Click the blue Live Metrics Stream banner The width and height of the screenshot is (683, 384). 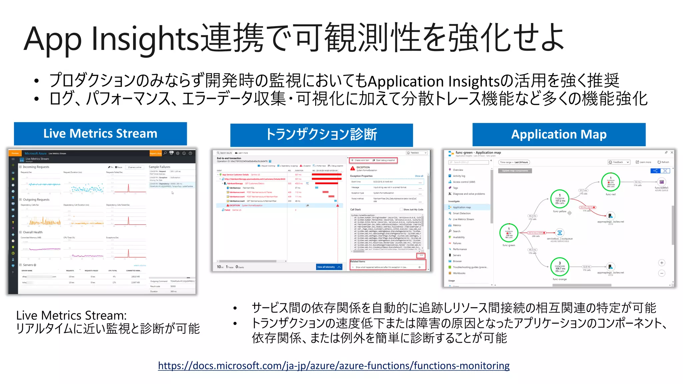coord(100,134)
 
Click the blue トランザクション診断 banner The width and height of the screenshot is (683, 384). coord(321,135)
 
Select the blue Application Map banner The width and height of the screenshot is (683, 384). coord(559,135)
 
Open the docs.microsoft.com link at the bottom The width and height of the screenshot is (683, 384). coord(333,366)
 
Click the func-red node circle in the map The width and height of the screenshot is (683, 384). coord(611,182)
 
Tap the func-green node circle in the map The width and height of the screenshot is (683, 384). coord(509,233)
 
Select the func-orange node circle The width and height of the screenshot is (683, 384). coord(560,267)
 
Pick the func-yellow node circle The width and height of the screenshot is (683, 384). coord(560,199)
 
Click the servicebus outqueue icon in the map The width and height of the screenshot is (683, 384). coord(560,233)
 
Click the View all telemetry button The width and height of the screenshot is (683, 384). coord(328,267)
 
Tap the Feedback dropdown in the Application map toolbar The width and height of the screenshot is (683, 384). coord(619,162)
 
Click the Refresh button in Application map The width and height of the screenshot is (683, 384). coord(663,162)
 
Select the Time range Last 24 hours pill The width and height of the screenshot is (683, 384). coord(514,162)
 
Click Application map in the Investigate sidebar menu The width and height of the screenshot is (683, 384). coord(462,207)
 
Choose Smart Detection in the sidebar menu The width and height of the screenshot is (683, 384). coord(462,213)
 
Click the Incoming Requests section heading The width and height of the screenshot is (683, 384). coord(36,167)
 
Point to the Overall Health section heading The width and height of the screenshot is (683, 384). coord(32,232)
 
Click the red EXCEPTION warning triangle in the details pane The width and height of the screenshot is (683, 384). coord(353,168)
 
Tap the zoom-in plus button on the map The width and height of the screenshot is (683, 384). coord(662,263)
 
